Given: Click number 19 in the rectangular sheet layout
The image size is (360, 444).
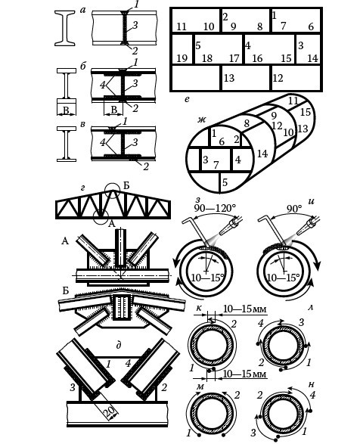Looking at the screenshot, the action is (182, 58).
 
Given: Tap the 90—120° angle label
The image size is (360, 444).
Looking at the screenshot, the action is (215, 209).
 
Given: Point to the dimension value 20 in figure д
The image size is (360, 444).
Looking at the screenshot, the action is (110, 410).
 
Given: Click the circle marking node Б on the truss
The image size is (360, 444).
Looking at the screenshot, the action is (113, 191).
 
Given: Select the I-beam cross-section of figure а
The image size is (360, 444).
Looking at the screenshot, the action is (65, 28).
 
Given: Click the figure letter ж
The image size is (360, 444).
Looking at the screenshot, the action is (202, 120).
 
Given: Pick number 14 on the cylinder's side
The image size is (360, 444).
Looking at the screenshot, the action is (262, 154).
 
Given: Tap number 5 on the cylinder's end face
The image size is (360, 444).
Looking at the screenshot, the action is (225, 182).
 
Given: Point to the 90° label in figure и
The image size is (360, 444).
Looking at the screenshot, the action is (294, 209).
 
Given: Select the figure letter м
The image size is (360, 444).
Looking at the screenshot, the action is (200, 387).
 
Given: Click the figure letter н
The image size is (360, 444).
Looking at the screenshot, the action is (312, 384).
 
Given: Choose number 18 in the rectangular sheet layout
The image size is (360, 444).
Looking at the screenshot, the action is (207, 58).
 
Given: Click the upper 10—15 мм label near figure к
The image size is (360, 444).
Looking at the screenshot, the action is (245, 309).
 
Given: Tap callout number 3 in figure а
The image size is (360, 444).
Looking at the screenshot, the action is (135, 25).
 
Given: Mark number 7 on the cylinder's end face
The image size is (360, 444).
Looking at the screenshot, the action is (216, 165).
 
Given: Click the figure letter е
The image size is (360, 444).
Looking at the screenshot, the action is (187, 99).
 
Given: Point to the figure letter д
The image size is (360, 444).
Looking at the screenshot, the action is (119, 346).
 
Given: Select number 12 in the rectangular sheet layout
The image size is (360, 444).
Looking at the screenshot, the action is (278, 78).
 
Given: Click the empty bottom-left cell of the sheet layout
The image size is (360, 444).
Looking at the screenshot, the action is (196, 78).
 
